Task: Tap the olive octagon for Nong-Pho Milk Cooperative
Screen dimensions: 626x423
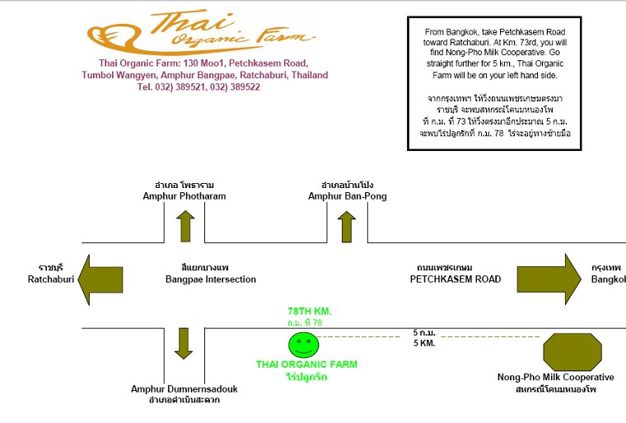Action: point(572,351)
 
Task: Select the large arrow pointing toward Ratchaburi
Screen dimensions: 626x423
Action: point(100,280)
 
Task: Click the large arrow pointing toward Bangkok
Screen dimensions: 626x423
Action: point(549,279)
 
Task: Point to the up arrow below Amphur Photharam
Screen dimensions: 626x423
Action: point(185,226)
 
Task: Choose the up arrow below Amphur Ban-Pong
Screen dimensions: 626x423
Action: point(347,226)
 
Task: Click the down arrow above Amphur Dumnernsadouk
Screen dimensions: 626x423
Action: point(184,344)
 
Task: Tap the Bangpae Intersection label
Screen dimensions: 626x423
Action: point(211,279)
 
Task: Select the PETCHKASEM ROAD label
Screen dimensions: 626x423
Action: point(455,279)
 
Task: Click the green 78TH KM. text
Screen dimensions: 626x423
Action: point(310,311)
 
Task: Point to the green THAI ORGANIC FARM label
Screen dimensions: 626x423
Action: point(306,364)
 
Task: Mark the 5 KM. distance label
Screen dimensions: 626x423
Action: point(424,343)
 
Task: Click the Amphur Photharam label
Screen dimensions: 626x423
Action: point(185,196)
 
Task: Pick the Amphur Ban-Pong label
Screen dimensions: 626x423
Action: point(348,196)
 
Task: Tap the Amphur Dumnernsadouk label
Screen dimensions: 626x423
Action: point(184,388)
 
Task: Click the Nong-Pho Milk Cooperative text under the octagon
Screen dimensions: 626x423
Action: point(556,377)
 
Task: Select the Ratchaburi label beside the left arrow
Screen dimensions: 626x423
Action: point(51,279)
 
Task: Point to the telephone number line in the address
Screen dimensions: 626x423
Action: point(199,87)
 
